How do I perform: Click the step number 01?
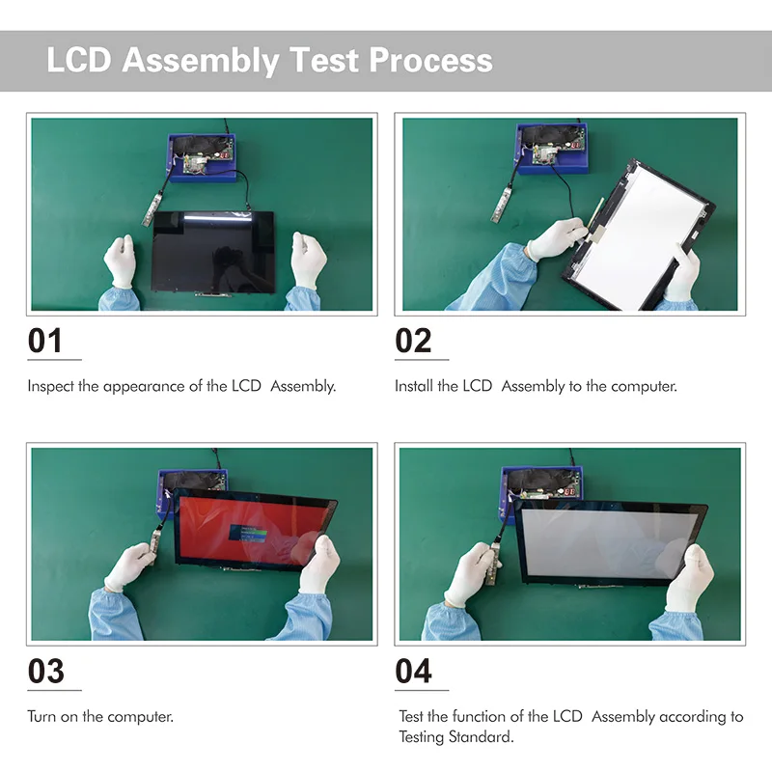(45, 341)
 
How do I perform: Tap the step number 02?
(413, 341)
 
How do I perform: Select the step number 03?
(45, 671)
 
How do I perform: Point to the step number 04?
(414, 671)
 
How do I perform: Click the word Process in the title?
(431, 60)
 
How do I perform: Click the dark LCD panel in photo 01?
(212, 249)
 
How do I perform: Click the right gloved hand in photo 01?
(308, 259)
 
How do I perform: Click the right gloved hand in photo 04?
(689, 579)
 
